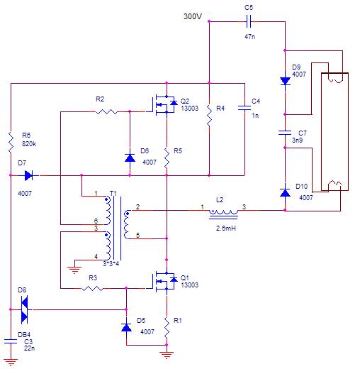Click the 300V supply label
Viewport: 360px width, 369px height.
click(x=193, y=16)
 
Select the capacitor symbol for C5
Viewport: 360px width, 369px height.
click(x=249, y=22)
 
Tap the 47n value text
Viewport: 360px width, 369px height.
click(x=249, y=37)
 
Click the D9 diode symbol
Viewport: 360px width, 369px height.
click(x=285, y=81)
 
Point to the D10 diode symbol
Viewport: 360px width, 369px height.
click(x=285, y=192)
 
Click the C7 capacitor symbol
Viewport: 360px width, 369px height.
click(x=285, y=133)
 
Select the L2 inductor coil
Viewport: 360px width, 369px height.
click(x=223, y=212)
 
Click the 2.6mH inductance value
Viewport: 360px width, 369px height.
click(x=226, y=228)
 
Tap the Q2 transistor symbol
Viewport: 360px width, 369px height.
click(x=165, y=105)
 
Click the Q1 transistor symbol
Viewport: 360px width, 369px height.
click(x=165, y=282)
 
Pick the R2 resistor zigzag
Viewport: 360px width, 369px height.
click(x=106, y=111)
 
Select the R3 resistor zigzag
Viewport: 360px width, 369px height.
click(x=92, y=288)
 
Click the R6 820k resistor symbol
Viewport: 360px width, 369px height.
click(x=11, y=143)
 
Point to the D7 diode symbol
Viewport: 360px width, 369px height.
click(x=28, y=175)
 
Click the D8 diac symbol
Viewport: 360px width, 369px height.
click(x=24, y=309)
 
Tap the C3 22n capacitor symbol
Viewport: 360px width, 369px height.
click(x=11, y=341)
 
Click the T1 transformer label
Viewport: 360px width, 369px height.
click(x=113, y=194)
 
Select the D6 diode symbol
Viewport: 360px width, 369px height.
click(x=130, y=158)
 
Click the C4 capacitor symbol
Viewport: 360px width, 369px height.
click(x=244, y=108)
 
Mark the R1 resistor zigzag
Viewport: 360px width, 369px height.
click(x=167, y=328)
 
